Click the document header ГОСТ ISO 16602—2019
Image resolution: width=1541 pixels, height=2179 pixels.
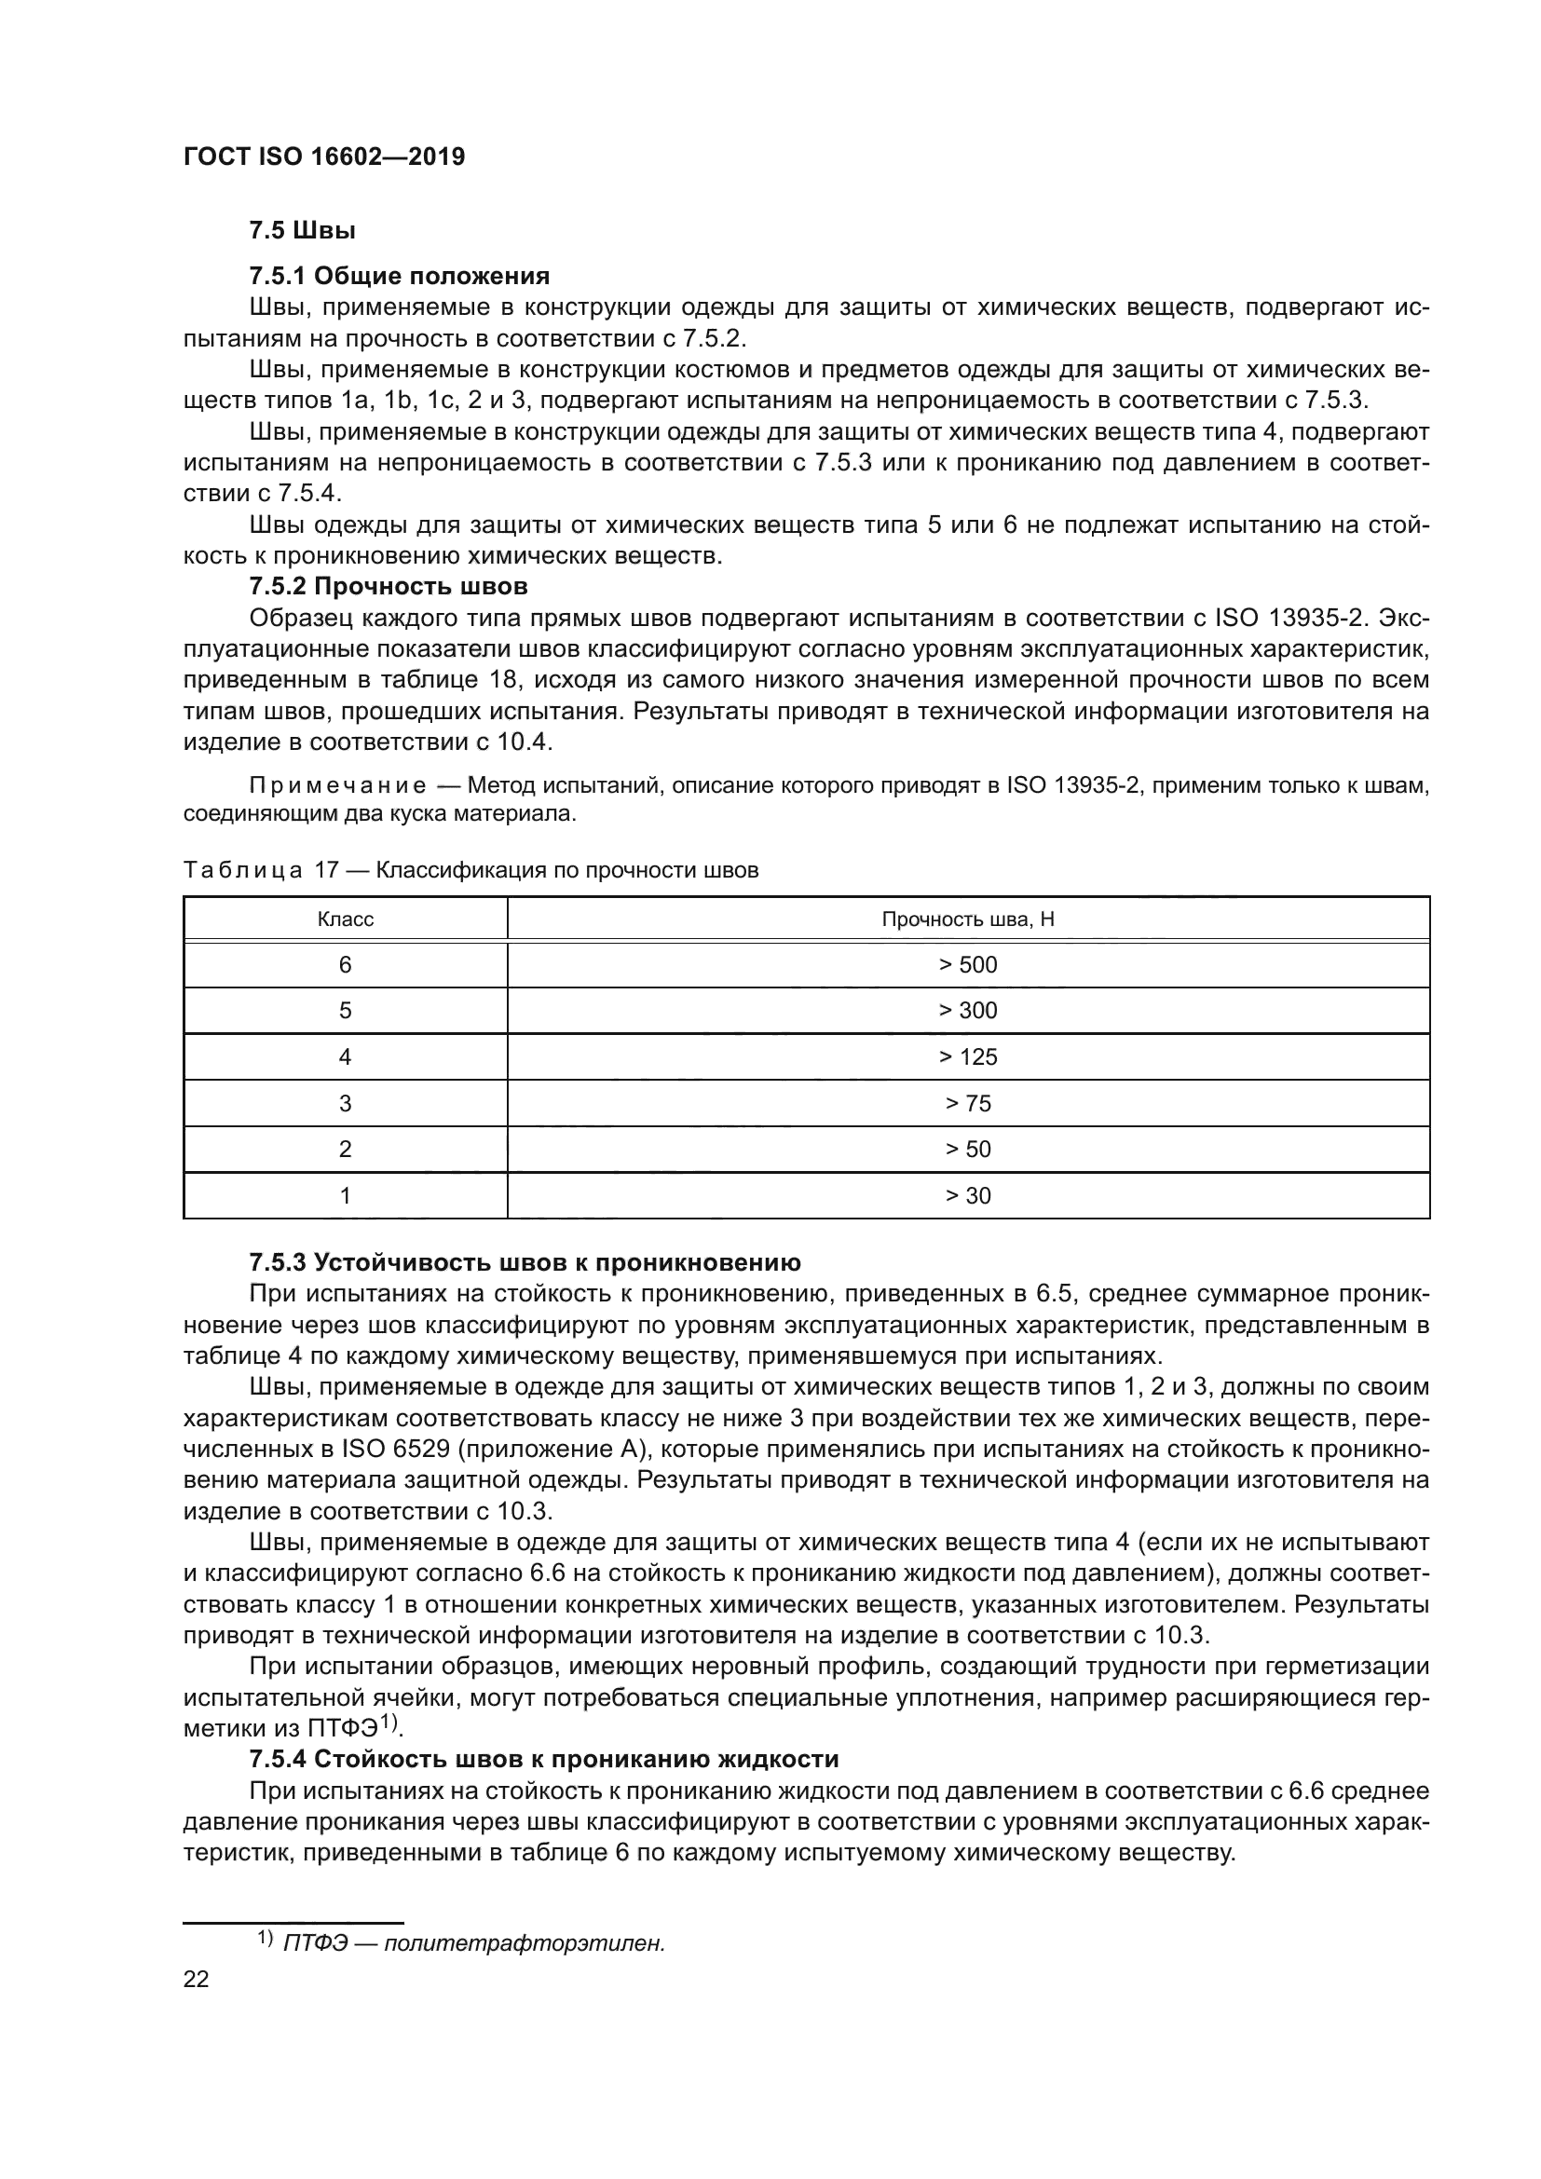coord(323,157)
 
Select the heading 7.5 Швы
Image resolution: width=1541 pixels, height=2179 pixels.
coord(302,231)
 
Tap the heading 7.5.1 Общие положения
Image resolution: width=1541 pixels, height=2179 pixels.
coord(400,276)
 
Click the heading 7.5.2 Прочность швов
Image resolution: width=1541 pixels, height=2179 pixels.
coord(389,586)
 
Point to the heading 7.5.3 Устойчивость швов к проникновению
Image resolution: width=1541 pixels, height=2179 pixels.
coord(525,1262)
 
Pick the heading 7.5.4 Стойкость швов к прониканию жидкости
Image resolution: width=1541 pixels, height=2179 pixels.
coord(544,1759)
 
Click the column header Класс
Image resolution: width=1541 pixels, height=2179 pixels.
coord(346,919)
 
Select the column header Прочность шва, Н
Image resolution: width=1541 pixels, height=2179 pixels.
coord(968,919)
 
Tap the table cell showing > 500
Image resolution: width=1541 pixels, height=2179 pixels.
coord(968,965)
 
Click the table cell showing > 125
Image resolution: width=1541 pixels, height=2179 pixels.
coord(968,1057)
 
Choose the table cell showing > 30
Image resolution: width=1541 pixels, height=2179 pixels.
coord(968,1196)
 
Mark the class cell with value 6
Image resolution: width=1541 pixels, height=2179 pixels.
coord(346,965)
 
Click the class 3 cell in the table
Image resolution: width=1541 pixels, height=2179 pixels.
coord(346,1103)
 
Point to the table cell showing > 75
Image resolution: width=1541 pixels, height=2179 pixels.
coord(968,1103)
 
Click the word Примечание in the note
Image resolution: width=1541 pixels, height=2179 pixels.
coord(337,786)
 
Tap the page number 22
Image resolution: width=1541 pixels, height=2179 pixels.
coord(196,1979)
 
